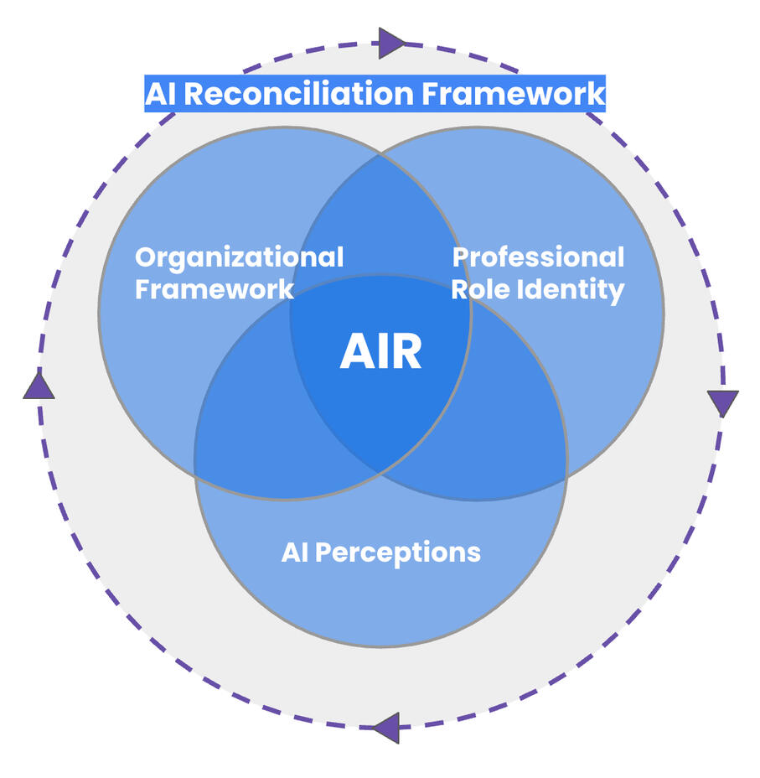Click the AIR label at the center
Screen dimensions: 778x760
click(380, 352)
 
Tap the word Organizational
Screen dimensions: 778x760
click(239, 257)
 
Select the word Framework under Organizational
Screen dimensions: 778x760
click(215, 290)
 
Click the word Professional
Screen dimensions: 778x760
click(538, 257)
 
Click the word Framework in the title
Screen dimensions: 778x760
click(512, 93)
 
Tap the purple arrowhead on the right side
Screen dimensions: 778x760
click(722, 402)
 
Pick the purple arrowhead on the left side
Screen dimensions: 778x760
click(39, 386)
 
